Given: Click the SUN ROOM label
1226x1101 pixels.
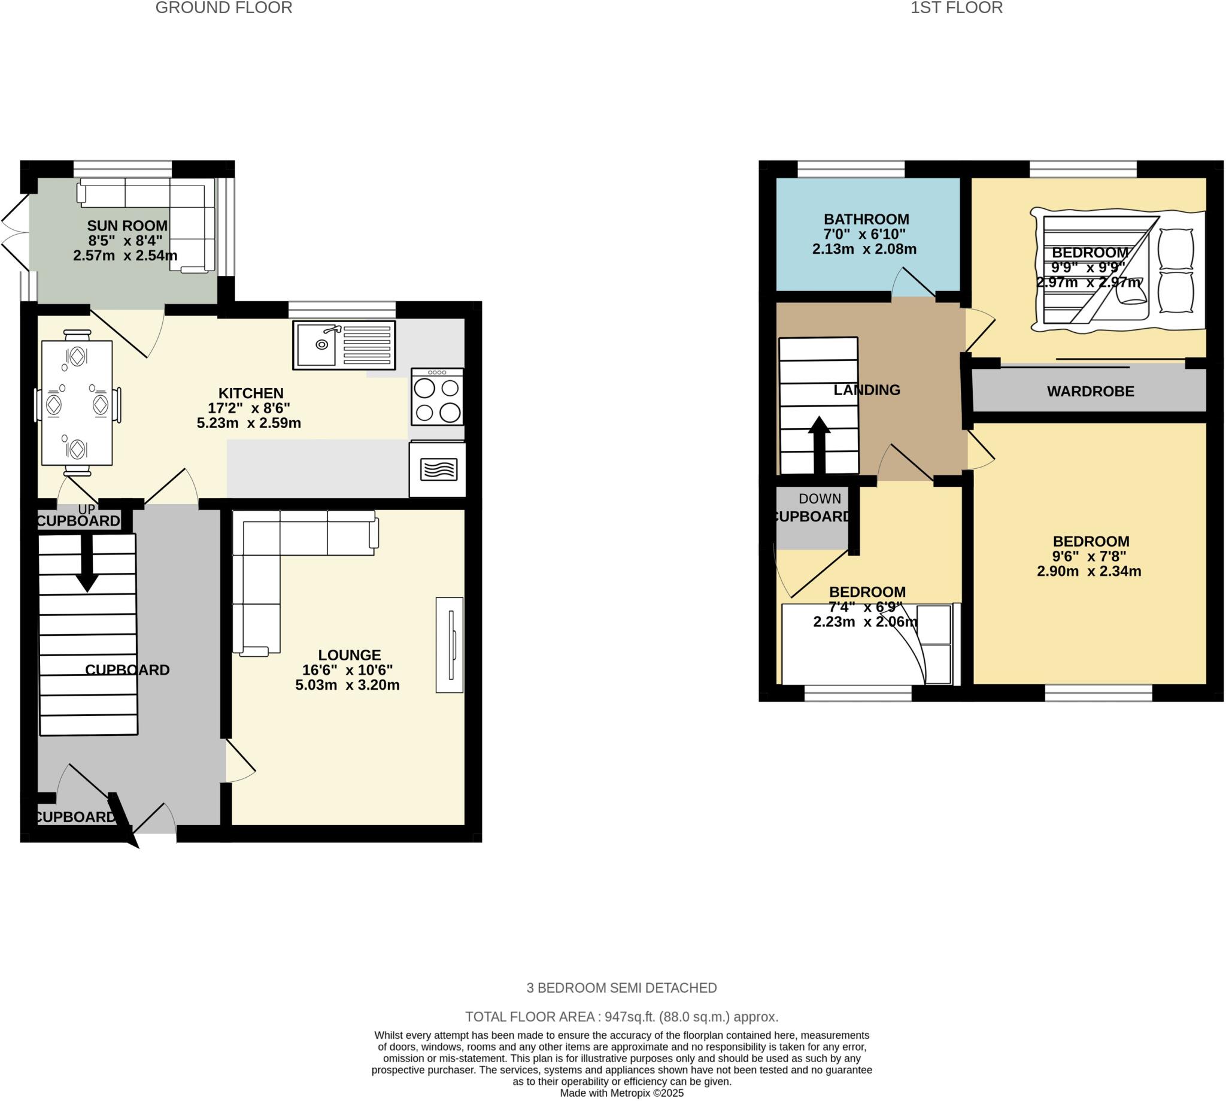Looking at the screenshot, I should (x=127, y=226).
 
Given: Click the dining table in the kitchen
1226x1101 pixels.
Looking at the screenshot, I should (x=77, y=403).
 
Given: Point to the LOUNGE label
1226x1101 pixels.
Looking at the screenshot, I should (x=350, y=654).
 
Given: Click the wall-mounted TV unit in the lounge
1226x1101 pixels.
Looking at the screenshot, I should (x=450, y=644).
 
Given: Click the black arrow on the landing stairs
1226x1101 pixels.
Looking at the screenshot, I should (x=820, y=445).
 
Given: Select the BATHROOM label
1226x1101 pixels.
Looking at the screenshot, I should (x=866, y=219).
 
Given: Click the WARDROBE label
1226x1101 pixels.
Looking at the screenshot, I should (x=1090, y=392).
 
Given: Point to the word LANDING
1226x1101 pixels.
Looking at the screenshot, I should (x=867, y=390).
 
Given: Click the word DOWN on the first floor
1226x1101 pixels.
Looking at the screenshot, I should (x=820, y=499).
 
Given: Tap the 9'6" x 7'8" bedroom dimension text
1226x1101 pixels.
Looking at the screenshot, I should (x=1090, y=556).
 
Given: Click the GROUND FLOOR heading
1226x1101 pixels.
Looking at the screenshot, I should (x=224, y=8).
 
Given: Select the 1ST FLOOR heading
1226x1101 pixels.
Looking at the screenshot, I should (x=956, y=8).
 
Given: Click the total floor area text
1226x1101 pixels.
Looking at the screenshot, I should (x=621, y=1017).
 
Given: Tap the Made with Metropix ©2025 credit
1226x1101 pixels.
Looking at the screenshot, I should (x=621, y=1093).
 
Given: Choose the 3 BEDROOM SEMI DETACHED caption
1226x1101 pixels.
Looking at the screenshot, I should (x=621, y=988).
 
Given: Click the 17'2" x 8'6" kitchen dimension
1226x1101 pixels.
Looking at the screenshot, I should (x=249, y=408).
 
